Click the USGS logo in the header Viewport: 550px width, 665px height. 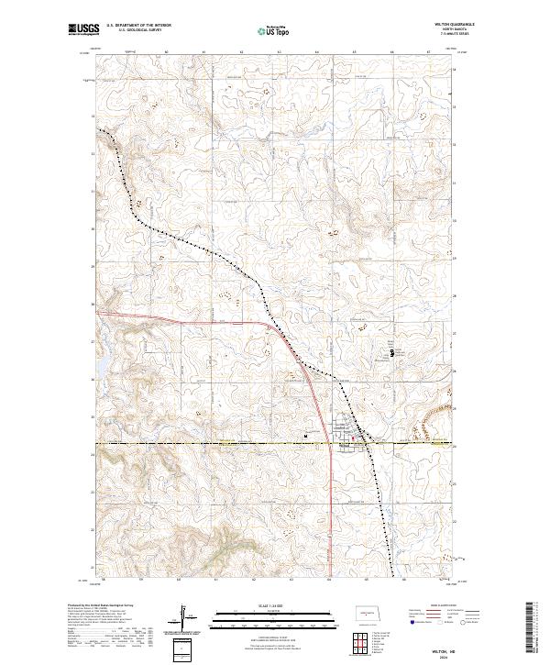(x=82, y=28)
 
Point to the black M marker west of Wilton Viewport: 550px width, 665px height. (x=305, y=436)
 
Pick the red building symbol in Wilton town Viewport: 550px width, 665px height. (x=349, y=438)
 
